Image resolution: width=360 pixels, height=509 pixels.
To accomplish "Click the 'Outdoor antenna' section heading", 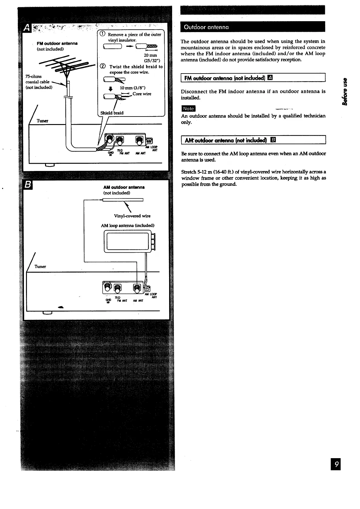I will click(205, 27).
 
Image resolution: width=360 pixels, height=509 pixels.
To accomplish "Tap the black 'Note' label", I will click(188, 108).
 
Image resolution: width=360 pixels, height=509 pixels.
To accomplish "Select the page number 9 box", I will click(335, 464).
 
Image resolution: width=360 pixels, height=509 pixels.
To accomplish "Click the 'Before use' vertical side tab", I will click(344, 92).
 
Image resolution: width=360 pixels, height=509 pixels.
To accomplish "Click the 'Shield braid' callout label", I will click(112, 113).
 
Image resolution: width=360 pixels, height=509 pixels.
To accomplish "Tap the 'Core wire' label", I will click(142, 94).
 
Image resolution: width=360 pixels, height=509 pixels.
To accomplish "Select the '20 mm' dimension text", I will click(150, 55).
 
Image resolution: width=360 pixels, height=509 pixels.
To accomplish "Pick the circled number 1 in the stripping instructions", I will click(103, 34).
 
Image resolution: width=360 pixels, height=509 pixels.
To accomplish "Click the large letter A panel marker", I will click(27, 29).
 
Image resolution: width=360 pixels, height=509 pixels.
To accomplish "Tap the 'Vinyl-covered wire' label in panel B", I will click(132, 216).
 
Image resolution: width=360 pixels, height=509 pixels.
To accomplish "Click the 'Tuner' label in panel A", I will click(42, 121).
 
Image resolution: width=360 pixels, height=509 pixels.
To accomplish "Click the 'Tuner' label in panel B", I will click(40, 266).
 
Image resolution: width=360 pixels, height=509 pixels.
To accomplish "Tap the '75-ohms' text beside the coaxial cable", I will click(34, 76).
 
